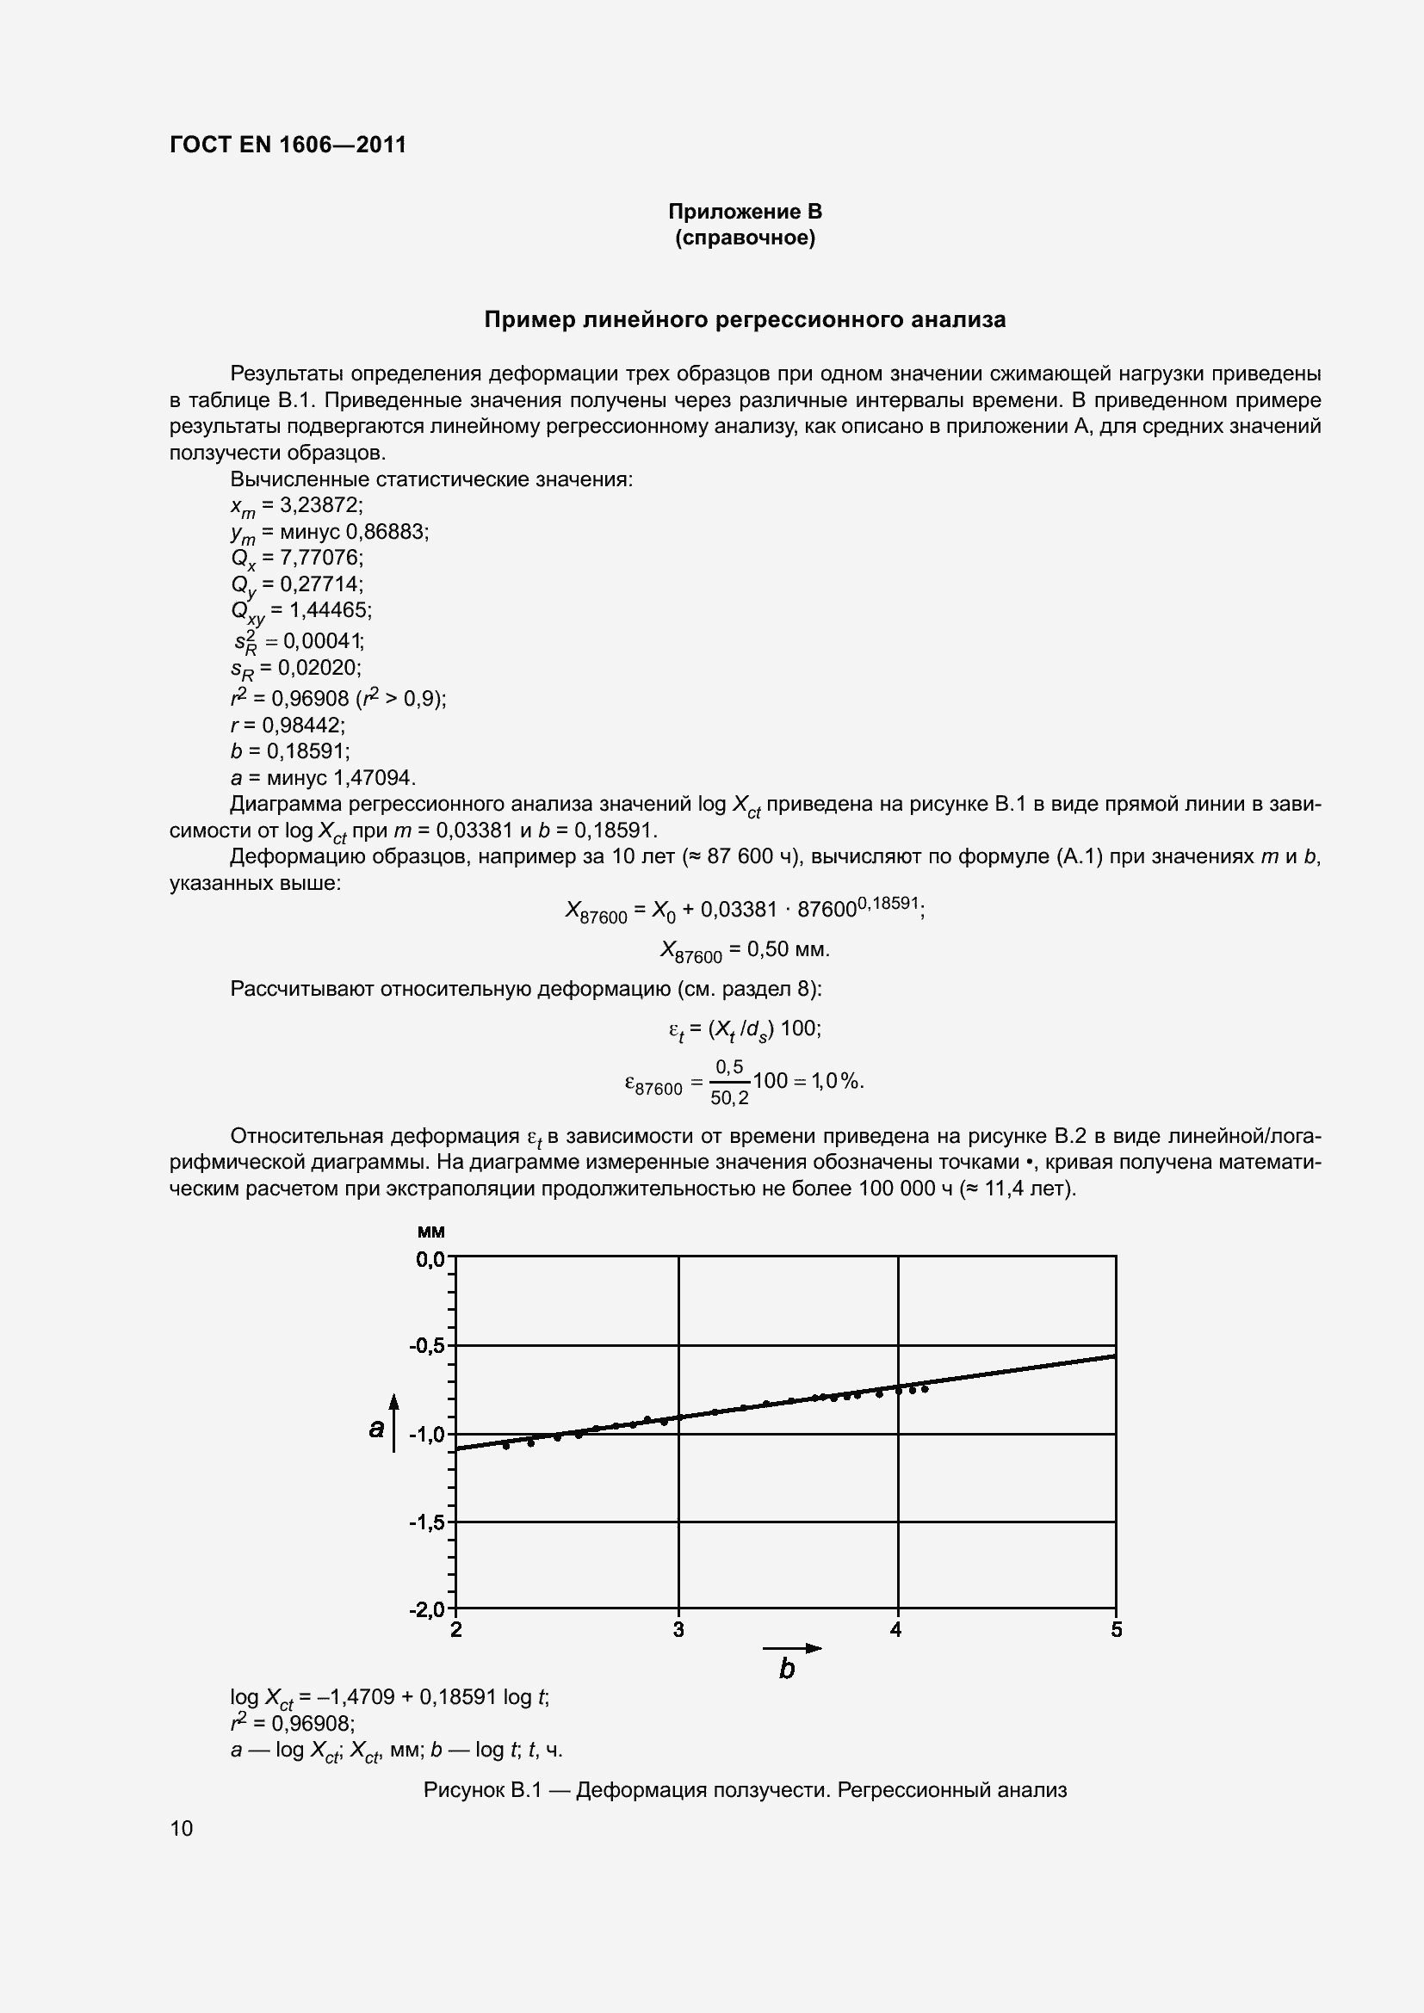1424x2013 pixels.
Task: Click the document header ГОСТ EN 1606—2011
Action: pos(288,145)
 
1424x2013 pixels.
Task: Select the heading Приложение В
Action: pos(745,212)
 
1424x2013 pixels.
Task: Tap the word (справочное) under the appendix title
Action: pos(745,238)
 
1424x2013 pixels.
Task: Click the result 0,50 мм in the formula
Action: pos(779,948)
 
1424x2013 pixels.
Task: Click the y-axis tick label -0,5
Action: pos(427,1346)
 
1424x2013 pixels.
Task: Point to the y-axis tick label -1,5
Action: pos(427,1522)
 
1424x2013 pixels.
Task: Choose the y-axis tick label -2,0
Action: pos(427,1609)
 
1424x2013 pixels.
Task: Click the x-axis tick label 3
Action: pos(678,1630)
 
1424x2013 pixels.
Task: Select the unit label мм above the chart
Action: pos(430,1232)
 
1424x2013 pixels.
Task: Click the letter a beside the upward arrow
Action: pos(376,1429)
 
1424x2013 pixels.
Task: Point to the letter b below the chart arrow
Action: pos(787,1669)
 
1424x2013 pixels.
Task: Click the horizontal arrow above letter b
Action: pos(792,1648)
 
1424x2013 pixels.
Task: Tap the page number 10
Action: pos(182,1828)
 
